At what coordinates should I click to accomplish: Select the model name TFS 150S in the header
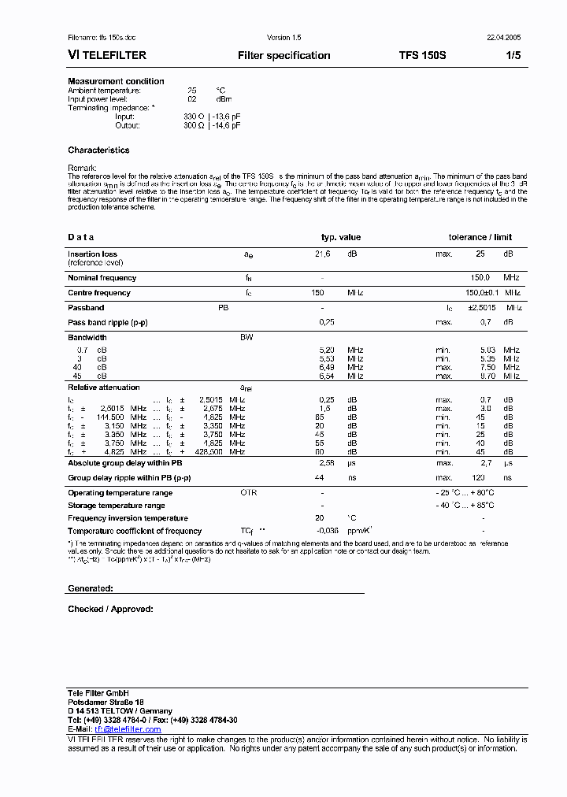[x=422, y=56]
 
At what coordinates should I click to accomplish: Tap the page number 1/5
[x=513, y=56]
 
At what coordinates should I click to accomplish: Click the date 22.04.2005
[x=502, y=38]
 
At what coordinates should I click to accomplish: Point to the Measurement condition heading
[x=116, y=81]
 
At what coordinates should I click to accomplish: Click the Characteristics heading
[x=98, y=150]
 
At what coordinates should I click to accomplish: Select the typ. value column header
[x=340, y=237]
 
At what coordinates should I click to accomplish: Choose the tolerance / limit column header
[x=480, y=237]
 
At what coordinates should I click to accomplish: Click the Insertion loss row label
[x=92, y=254]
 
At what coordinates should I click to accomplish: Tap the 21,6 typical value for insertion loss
[x=323, y=254]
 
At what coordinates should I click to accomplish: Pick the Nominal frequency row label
[x=102, y=277]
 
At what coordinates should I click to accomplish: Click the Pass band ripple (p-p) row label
[x=107, y=322]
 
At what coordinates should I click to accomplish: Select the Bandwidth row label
[x=87, y=337]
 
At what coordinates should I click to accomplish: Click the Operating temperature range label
[x=120, y=493]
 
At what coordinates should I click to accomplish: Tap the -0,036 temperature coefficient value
[x=326, y=531]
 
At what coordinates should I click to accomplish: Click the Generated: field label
[x=91, y=588]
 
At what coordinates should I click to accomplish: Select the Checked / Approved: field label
[x=110, y=609]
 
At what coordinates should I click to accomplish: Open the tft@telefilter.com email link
[x=128, y=729]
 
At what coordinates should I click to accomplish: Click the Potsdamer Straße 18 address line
[x=106, y=702]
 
